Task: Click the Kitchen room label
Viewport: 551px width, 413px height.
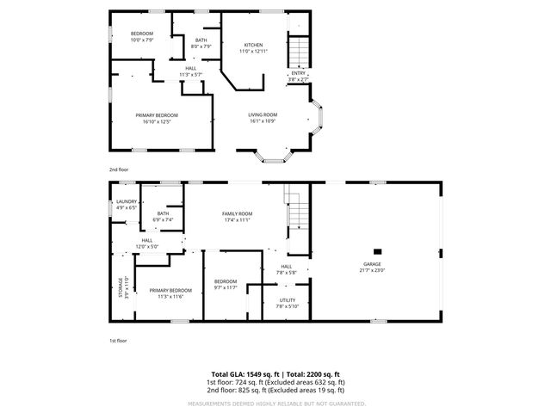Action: (253, 45)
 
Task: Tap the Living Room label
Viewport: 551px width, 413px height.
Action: (263, 114)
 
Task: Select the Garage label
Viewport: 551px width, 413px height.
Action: (372, 264)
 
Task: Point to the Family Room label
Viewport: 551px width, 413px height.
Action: (237, 213)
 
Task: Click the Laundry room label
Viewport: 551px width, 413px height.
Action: (127, 202)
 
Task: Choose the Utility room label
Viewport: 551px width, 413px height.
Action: (286, 301)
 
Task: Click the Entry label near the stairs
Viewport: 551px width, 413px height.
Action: (298, 73)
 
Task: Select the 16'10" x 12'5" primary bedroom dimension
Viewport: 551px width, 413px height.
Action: (157, 120)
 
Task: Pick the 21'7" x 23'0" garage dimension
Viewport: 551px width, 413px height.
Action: (372, 270)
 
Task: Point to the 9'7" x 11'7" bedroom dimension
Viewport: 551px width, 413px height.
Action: (226, 287)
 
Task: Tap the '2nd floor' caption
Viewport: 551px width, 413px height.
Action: (118, 170)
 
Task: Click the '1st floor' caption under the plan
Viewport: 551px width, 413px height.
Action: (118, 342)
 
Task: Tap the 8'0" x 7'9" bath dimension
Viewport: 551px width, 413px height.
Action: (201, 46)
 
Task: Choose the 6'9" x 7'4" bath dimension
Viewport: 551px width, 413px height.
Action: (163, 220)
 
